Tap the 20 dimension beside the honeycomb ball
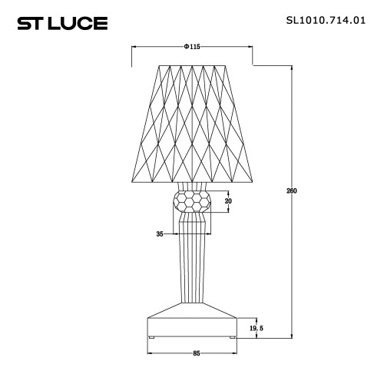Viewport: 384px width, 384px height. (x=227, y=201)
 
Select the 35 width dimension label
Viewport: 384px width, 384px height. (x=160, y=233)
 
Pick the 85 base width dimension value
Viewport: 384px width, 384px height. (x=197, y=353)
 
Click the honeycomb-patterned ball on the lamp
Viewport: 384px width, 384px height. (x=193, y=202)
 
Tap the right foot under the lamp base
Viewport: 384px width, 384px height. (x=233, y=336)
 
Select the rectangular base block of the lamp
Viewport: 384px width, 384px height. (x=193, y=327)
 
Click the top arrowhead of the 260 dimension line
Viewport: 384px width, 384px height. (x=292, y=68)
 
